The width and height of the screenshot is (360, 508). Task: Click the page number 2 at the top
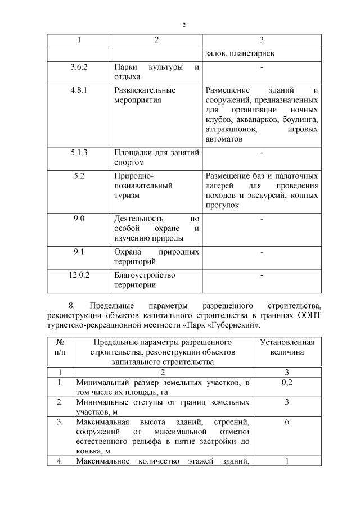[183, 24]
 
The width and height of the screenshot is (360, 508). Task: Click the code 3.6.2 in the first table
[79, 67]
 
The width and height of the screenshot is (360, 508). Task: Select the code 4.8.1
[79, 90]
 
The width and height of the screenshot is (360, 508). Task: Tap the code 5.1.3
[79, 152]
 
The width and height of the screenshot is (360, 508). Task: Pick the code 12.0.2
[79, 275]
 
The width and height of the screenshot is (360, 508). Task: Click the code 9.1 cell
[79, 252]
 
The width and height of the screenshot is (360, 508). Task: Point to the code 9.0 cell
[79, 219]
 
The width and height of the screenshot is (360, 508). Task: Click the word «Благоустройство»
[145, 275]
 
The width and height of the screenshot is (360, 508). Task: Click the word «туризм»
[127, 196]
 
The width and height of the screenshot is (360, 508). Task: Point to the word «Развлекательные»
[145, 90]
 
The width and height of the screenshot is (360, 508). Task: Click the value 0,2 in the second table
[286, 382]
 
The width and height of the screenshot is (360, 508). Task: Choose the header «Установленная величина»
[286, 347]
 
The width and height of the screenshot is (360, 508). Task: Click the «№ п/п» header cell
[60, 347]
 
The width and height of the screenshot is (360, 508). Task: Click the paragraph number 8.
[71, 305]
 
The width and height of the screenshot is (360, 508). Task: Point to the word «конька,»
[88, 451]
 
